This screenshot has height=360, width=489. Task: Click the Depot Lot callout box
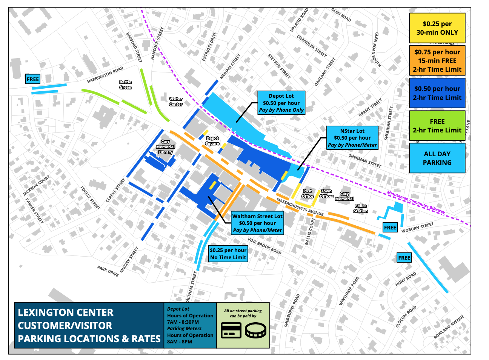[281, 103]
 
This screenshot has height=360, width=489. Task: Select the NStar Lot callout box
[352, 138]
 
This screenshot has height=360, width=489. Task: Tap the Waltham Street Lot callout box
[257, 223]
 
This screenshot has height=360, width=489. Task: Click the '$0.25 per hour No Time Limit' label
[228, 254]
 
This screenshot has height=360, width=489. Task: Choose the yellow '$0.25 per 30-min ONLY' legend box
[437, 28]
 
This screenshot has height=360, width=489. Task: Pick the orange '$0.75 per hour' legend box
[437, 61]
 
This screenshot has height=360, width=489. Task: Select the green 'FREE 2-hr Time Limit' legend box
[437, 126]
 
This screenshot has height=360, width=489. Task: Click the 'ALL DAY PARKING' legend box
[437, 158]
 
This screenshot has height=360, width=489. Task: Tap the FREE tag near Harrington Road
[33, 79]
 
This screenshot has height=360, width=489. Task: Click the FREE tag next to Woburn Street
[390, 228]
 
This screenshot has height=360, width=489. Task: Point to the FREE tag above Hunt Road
[404, 258]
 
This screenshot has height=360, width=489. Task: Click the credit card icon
[231, 330]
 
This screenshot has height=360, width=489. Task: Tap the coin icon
[255, 331]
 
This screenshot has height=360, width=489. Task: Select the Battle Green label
[125, 85]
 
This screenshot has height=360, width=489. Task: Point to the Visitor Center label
[175, 102]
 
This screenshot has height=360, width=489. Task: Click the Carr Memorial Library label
[165, 147]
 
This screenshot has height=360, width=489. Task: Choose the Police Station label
[360, 209]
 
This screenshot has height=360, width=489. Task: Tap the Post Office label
[308, 194]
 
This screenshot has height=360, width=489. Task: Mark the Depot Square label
[212, 141]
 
